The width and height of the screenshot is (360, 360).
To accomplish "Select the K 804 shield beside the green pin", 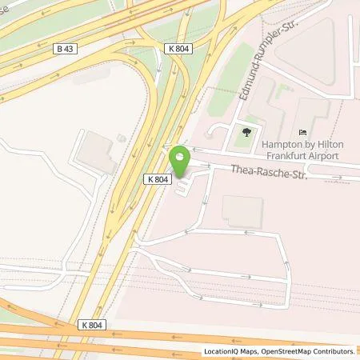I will click(x=157, y=180).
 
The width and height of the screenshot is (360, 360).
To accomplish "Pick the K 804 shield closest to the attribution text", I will click(x=93, y=325).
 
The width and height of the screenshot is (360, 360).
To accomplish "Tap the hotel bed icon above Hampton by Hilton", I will click(x=302, y=132).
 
